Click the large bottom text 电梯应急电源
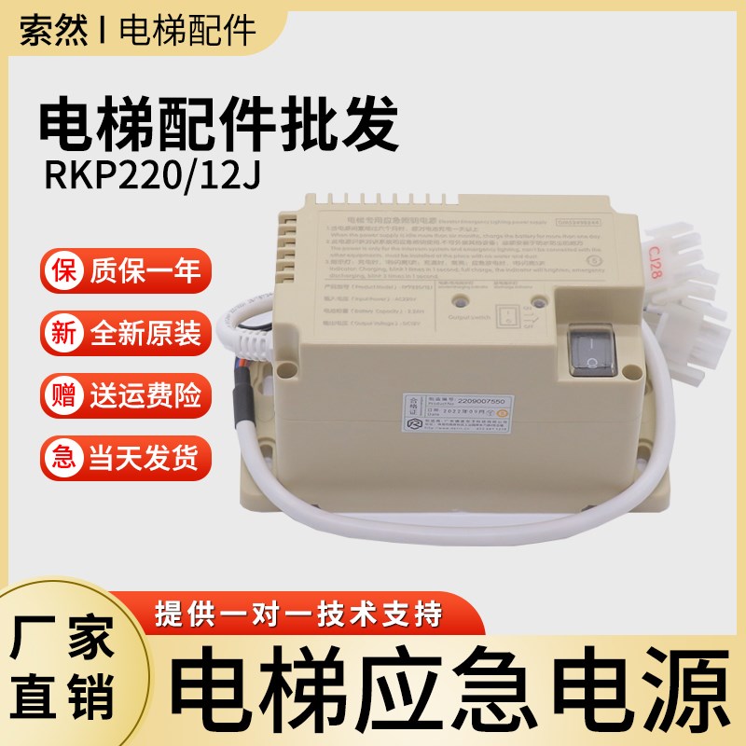(x=451, y=685)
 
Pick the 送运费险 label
(x=145, y=396)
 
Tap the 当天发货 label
(x=145, y=458)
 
